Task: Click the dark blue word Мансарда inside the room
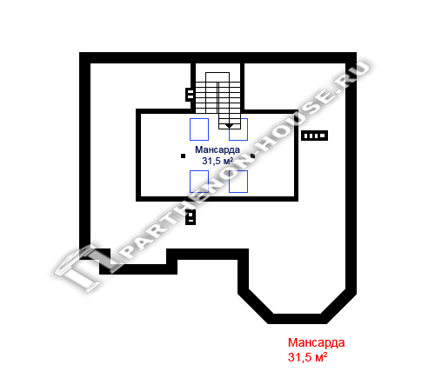coord(217,149)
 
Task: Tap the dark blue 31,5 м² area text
coord(217,161)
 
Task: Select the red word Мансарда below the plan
coord(316,342)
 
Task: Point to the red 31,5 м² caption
coord(307,357)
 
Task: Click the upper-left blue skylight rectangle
coord(199,129)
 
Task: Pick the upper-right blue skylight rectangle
coord(238,129)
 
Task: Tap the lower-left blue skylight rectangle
coord(199,182)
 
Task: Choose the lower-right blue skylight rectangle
coord(238,182)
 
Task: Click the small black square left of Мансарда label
coord(183,156)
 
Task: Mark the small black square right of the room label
coord(252,156)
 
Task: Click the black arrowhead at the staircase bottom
coord(229,126)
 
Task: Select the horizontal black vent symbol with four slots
coord(314,136)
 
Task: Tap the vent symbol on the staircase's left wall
coord(190,94)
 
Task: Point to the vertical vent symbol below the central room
coord(191,217)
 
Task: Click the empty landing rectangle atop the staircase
coord(217,77)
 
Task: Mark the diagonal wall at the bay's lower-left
coord(255,307)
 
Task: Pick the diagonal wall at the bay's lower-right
coord(338,307)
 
